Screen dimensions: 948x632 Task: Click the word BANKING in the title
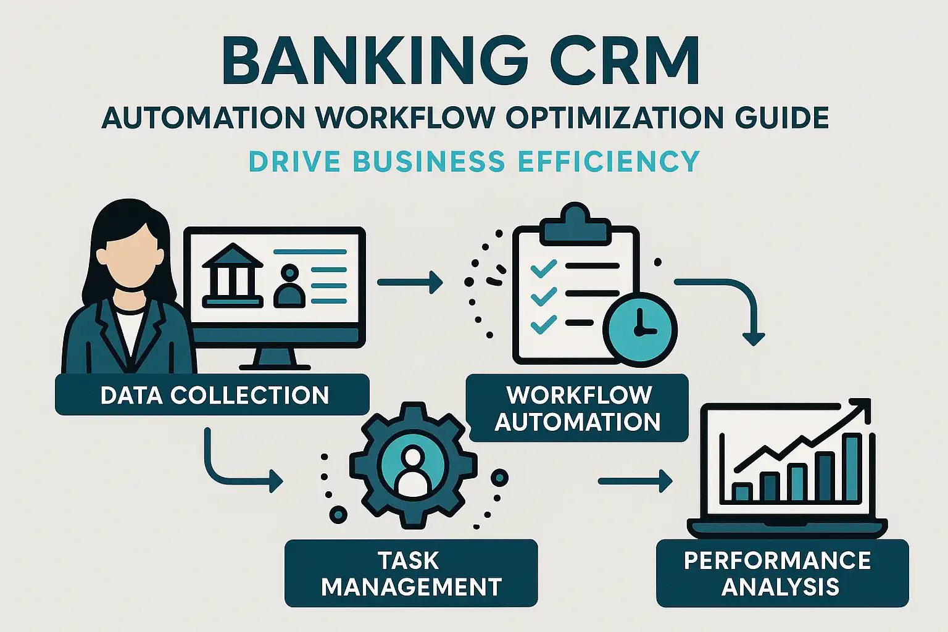[x=375, y=62]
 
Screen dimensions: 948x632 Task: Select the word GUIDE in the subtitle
[x=782, y=117]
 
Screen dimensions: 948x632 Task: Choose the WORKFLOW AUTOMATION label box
[x=579, y=408]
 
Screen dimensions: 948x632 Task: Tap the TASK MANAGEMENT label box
[x=411, y=573]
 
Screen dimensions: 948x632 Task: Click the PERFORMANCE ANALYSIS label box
[x=783, y=573]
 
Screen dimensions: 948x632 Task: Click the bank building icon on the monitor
[x=233, y=275]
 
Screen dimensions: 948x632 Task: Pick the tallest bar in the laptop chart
[x=852, y=467]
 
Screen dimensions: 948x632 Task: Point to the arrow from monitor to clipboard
[x=410, y=282]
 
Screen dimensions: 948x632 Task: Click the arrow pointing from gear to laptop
[x=635, y=481]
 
